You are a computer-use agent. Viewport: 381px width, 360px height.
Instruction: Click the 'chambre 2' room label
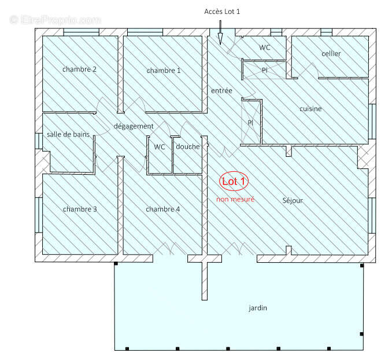click(x=79, y=69)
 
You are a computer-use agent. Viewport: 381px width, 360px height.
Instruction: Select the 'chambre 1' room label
click(x=164, y=71)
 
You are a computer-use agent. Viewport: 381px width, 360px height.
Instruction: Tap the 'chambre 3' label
click(x=80, y=209)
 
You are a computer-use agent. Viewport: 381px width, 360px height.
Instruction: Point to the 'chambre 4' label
click(x=162, y=209)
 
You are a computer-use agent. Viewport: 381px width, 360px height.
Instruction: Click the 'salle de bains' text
click(x=68, y=134)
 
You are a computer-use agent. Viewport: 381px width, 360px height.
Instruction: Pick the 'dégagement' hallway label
click(x=134, y=126)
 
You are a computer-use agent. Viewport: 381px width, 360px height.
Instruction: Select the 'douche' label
click(x=188, y=146)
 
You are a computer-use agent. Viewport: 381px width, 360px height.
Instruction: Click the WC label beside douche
click(x=159, y=146)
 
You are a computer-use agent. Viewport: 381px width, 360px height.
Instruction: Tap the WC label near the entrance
click(x=265, y=47)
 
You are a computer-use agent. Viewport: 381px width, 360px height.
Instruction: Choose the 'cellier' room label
click(x=331, y=54)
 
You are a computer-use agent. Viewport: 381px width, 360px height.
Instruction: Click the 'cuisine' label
click(x=310, y=109)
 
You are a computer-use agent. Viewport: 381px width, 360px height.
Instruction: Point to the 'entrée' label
click(x=221, y=91)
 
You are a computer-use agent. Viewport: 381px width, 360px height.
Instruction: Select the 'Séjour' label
click(x=293, y=201)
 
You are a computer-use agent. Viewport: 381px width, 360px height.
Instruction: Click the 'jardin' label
click(x=258, y=308)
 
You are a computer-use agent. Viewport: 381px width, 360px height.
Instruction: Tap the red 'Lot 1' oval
click(x=234, y=182)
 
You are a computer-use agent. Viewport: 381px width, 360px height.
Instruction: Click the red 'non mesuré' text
click(x=235, y=199)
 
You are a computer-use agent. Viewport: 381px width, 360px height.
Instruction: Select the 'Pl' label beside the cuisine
click(x=250, y=123)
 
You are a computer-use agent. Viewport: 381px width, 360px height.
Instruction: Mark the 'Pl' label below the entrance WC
click(x=264, y=70)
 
